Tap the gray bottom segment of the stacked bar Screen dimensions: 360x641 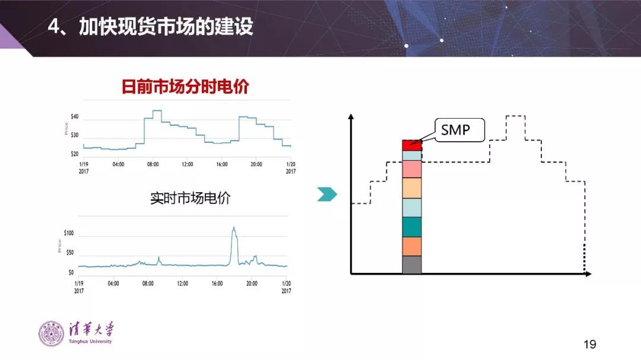click(x=411, y=265)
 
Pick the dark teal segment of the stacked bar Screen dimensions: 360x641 click(x=411, y=227)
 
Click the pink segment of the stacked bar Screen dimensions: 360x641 click(x=411, y=169)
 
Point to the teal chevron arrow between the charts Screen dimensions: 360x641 click(x=326, y=194)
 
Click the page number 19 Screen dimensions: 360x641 click(x=589, y=345)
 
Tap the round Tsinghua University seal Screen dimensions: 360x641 click(x=51, y=333)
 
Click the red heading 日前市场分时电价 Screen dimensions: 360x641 click(x=185, y=87)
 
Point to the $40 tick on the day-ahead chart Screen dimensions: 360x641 click(x=74, y=117)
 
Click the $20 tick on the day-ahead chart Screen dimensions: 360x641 click(x=74, y=154)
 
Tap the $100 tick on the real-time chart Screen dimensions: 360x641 click(x=69, y=233)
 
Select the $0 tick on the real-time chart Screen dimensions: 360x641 click(x=71, y=273)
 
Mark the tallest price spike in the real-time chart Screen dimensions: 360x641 click(x=234, y=228)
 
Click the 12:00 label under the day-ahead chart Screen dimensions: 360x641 click(x=187, y=164)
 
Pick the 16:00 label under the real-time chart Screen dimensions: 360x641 click(x=217, y=283)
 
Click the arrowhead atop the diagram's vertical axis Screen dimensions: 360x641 click(x=351, y=116)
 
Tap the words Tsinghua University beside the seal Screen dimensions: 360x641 click(x=90, y=341)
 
